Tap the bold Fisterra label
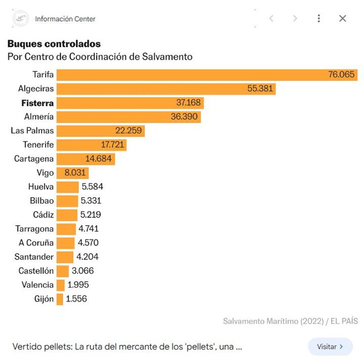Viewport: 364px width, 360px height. click(x=37, y=103)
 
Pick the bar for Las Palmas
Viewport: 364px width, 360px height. click(x=101, y=131)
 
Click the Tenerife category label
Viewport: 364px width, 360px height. click(x=38, y=145)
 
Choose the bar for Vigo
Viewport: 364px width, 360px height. click(x=72, y=173)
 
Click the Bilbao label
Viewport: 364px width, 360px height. click(x=41, y=201)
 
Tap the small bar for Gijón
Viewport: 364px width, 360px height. click(x=60, y=299)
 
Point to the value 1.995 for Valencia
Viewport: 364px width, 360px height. click(x=78, y=285)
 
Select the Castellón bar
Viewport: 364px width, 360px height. click(x=63, y=271)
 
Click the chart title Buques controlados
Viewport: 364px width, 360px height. click(x=54, y=44)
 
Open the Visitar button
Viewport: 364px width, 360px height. click(x=330, y=347)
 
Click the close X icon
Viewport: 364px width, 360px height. click(x=342, y=19)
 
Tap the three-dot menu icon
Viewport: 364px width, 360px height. click(x=318, y=19)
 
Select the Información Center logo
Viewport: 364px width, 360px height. click(x=20, y=19)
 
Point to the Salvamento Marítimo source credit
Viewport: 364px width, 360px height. click(x=290, y=321)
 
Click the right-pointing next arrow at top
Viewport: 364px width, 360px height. click(x=295, y=19)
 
